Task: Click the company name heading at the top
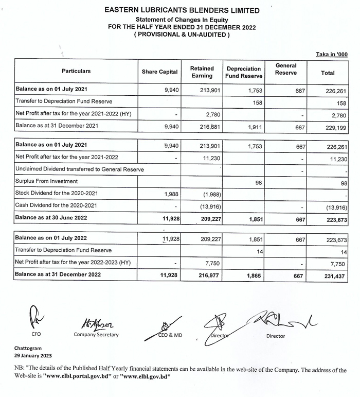click(182, 10)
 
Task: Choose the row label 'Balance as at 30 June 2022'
click(51, 218)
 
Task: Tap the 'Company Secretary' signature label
click(97, 335)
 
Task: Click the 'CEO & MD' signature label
click(170, 336)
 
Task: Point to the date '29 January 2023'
click(33, 356)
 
